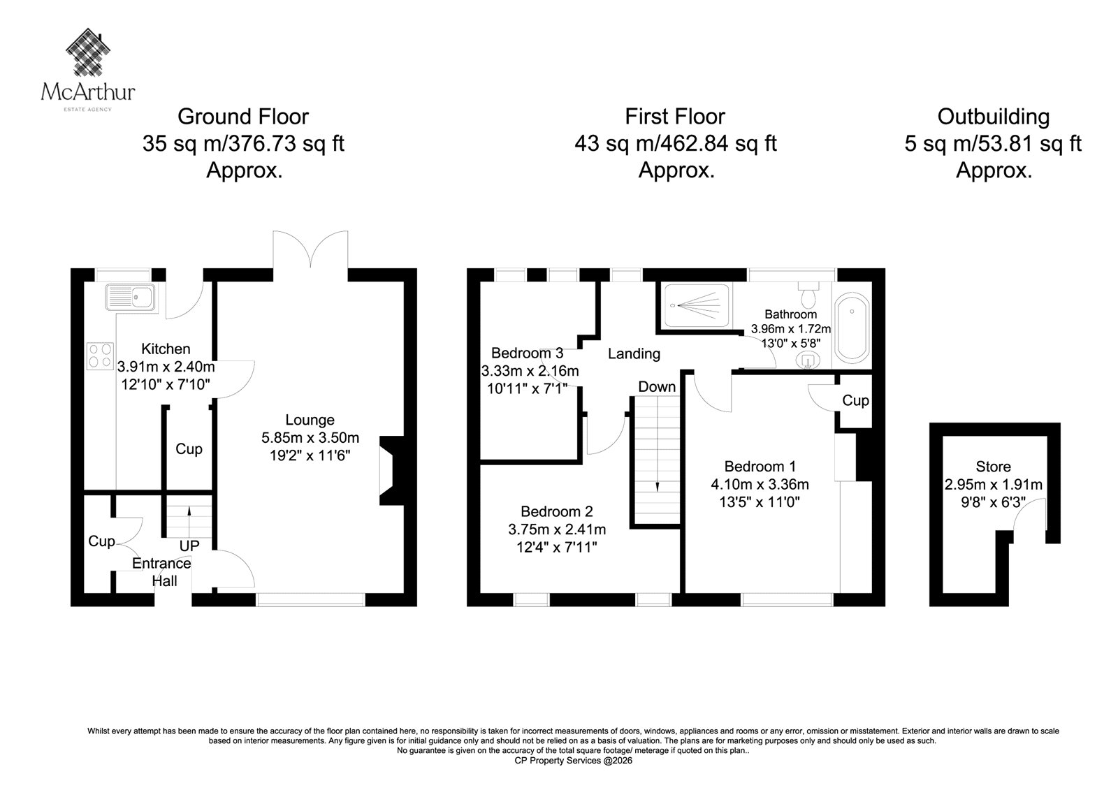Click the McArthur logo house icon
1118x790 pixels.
[88, 52]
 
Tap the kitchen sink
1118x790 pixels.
[130, 298]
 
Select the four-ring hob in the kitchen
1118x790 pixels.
[100, 356]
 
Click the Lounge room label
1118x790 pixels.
[310, 420]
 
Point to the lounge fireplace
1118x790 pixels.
[393, 471]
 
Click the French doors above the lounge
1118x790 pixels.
[310, 249]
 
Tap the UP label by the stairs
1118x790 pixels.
[189, 546]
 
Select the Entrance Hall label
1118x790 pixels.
[161, 572]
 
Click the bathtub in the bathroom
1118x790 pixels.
[852, 328]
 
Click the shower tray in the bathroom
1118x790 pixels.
[697, 305]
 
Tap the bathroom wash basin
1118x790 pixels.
[807, 360]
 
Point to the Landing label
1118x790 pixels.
[634, 354]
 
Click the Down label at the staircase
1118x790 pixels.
[657, 387]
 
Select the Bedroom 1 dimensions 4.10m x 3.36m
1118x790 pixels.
[760, 484]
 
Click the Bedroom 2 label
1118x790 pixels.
[556, 511]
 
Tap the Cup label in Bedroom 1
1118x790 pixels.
[855, 401]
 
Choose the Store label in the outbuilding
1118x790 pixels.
[993, 467]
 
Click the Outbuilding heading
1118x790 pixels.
[993, 117]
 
